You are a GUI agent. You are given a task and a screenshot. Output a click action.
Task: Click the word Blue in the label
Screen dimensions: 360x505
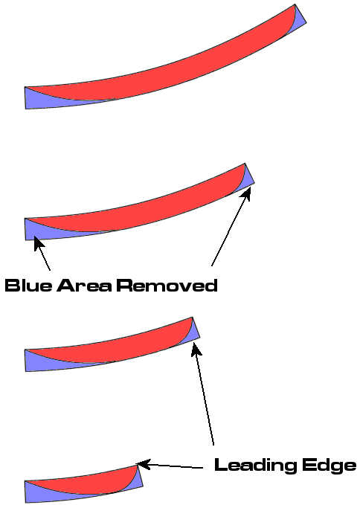[28, 286]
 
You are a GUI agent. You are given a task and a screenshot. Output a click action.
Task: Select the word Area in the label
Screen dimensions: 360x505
[84, 286]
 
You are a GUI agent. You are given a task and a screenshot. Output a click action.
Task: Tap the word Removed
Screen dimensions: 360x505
[167, 286]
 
